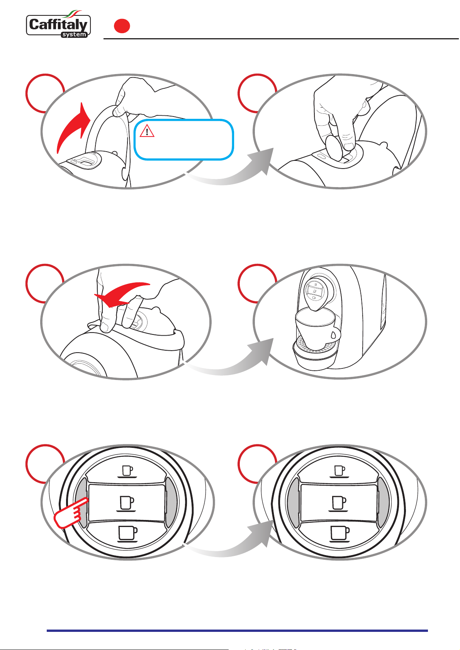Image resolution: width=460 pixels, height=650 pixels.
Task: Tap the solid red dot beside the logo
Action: click(122, 26)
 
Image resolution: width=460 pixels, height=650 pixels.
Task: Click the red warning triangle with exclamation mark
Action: click(147, 131)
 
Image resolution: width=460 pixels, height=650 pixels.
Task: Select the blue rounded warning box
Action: click(183, 139)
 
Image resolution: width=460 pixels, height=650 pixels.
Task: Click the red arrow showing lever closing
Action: click(122, 294)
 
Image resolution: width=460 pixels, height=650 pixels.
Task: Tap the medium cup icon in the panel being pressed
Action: click(126, 503)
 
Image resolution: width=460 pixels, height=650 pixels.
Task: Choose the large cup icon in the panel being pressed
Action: click(127, 534)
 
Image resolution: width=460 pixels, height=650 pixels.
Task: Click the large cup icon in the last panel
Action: click(340, 534)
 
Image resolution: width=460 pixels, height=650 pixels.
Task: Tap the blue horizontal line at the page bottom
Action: click(237, 631)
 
